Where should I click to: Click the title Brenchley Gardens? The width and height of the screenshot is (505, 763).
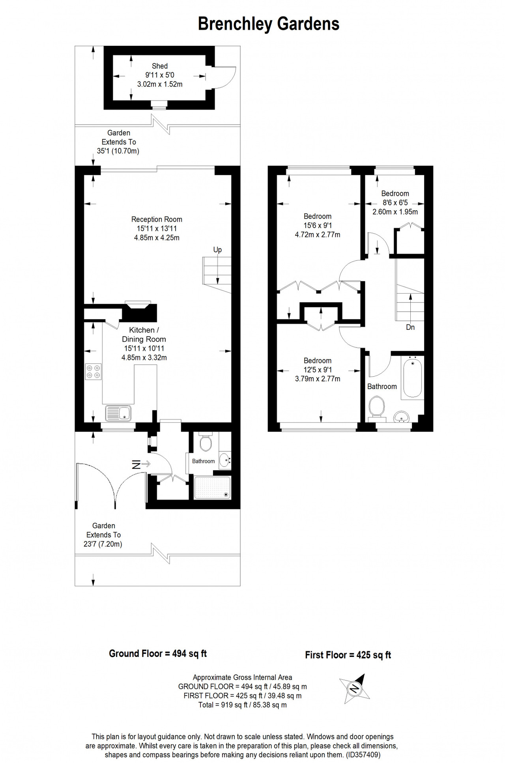(268, 24)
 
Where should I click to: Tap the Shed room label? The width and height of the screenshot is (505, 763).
(160, 66)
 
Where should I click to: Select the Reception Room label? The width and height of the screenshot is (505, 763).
(157, 219)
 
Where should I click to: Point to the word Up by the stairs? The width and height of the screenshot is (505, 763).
(217, 250)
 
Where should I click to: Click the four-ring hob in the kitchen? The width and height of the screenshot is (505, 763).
(94, 372)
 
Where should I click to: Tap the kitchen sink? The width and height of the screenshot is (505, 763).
(119, 413)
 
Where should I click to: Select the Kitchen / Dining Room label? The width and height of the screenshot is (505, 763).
(144, 335)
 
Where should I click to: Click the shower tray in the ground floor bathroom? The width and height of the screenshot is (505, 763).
(212, 488)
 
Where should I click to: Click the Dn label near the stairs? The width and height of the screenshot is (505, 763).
(410, 327)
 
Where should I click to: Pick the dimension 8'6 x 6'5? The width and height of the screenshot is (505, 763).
(395, 203)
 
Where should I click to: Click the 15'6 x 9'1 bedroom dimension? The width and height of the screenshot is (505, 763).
(318, 225)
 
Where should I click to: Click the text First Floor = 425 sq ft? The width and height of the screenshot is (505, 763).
(348, 655)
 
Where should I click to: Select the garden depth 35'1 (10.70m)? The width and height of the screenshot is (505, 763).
(118, 151)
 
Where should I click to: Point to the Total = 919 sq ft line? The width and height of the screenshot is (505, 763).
(243, 705)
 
